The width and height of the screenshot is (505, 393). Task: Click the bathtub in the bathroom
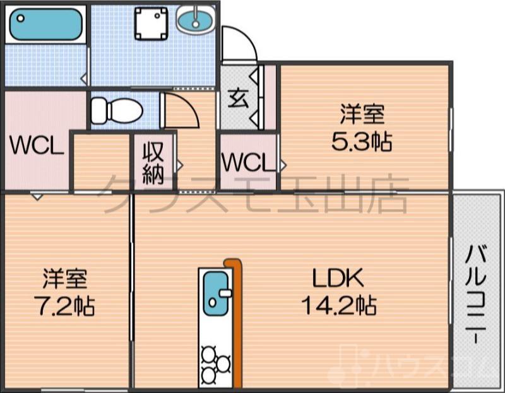coord(46,25)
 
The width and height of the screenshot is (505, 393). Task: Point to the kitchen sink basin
coord(215,291)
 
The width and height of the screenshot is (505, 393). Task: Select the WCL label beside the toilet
coord(36,147)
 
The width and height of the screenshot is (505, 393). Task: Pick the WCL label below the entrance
coord(247,163)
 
